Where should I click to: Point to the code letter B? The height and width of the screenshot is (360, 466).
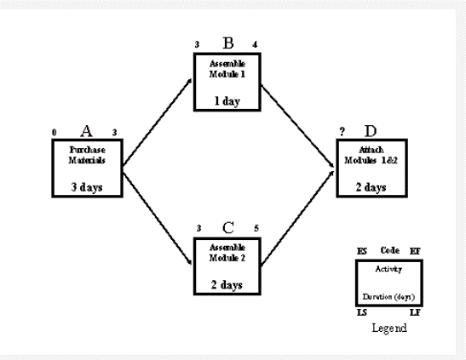point(227,43)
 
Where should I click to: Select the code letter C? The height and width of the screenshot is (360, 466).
point(227,227)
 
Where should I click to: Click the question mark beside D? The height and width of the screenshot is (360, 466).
point(341,132)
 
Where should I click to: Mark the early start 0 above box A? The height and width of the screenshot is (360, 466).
point(54,133)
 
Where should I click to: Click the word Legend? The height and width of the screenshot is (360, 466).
point(389,327)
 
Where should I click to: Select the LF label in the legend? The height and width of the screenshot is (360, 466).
point(415,314)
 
